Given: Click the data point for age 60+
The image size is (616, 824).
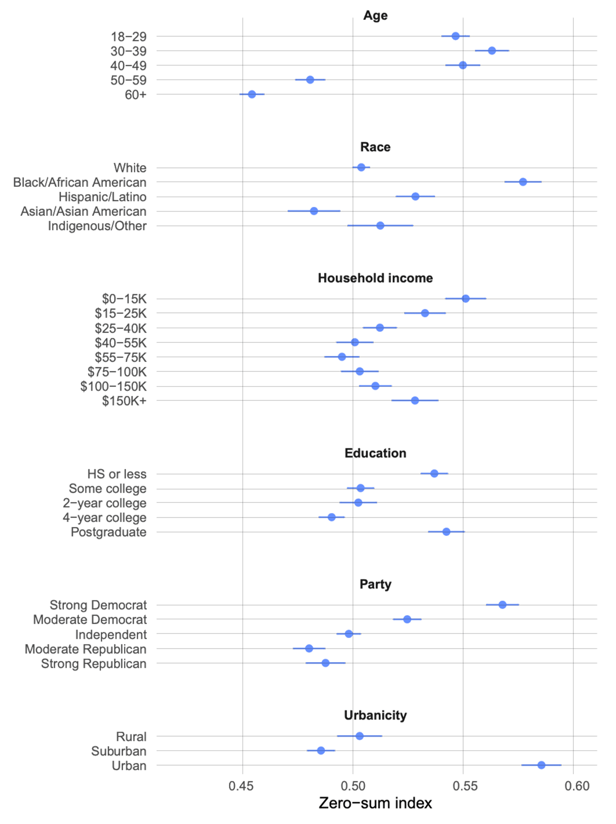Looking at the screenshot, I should (x=252, y=94).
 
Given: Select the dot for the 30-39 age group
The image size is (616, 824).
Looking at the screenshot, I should (x=492, y=51).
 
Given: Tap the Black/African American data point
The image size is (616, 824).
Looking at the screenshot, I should (x=523, y=182).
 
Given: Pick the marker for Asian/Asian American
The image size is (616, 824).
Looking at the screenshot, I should (x=314, y=211).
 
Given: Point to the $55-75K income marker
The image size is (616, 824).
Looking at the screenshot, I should (x=342, y=357).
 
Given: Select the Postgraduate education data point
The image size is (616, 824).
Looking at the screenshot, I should (x=446, y=531).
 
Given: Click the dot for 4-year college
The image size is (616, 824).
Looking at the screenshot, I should (x=332, y=517).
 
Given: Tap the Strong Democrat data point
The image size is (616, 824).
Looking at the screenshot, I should (x=502, y=605).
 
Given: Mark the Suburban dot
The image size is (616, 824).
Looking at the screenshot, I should (x=321, y=751).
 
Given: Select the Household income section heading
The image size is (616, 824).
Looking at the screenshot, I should (x=375, y=278).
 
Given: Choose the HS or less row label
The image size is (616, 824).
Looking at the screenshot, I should (x=117, y=474).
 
